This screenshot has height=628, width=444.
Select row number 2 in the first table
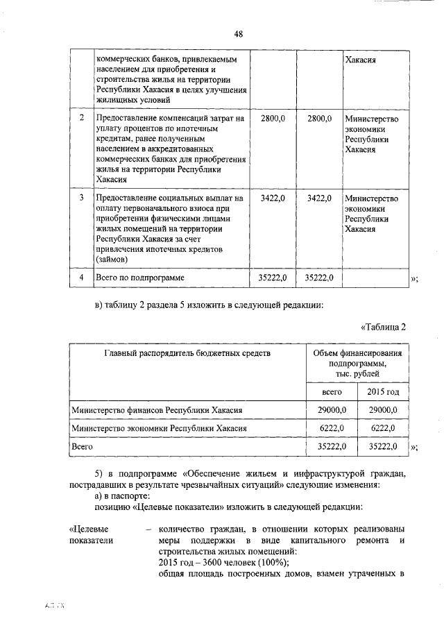coord(82,119)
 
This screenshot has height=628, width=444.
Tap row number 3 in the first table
coord(82,198)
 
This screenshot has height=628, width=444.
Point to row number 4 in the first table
coord(82,278)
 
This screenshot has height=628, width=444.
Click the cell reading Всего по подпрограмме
coord(140,278)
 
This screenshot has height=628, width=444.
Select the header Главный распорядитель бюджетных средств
coord(187,353)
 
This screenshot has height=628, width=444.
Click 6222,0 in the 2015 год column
coord(383,430)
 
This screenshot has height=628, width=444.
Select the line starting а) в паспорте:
coord(127,496)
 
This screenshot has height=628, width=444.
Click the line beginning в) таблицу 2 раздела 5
coord(208,304)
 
